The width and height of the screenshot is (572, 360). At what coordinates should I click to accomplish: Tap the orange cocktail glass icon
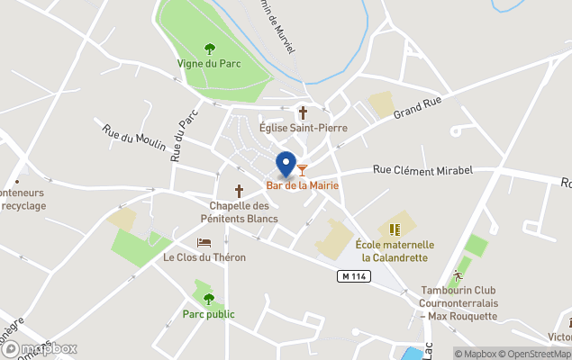pyautogui.click(x=303, y=168)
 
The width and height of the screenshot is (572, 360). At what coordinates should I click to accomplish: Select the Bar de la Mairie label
pyautogui.click(x=303, y=184)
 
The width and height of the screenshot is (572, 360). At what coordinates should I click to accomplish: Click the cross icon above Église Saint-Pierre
pyautogui.click(x=303, y=112)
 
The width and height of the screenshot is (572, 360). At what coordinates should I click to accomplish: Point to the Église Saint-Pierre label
pyautogui.click(x=303, y=128)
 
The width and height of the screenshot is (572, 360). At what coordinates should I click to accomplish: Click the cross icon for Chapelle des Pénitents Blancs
pyautogui.click(x=240, y=191)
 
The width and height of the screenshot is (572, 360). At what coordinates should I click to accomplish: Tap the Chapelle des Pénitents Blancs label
pyautogui.click(x=240, y=211)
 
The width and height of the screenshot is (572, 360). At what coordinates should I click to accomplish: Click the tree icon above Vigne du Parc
pyautogui.click(x=210, y=49)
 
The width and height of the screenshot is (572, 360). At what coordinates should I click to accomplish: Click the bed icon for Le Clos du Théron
pyautogui.click(x=204, y=243)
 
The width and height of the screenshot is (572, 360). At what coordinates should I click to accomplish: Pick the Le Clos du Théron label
pyautogui.click(x=204, y=257)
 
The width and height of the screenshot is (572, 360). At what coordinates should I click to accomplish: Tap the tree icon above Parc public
pyautogui.click(x=209, y=299)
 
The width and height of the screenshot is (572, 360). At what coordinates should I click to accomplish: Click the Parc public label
pyautogui.click(x=209, y=314)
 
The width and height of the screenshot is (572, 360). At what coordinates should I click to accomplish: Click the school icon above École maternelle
pyautogui.click(x=394, y=229)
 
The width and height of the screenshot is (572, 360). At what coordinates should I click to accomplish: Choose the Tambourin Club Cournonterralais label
pyautogui.click(x=459, y=303)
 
